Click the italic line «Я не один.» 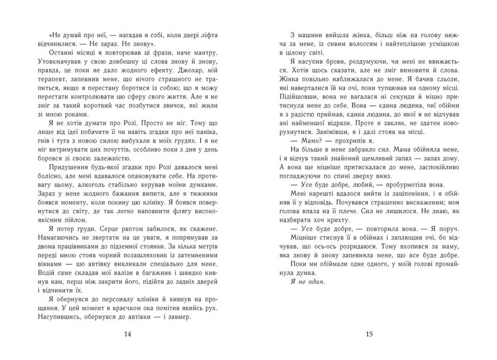point(310,282)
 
